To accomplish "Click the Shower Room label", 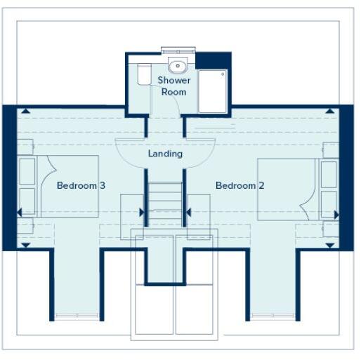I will coord(173,86).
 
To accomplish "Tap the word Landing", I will coord(165,154).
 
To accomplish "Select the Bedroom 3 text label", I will coord(81,186).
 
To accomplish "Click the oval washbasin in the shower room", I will coord(179,67).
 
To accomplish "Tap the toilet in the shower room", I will coord(144,74).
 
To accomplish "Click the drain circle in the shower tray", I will coord(223,73).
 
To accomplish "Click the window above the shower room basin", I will coord(178,51).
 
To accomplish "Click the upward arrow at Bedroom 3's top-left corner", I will coord(25,111).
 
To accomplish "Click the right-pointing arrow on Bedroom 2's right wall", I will coord(337,214).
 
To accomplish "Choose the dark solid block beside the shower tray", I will coord(214,60).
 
